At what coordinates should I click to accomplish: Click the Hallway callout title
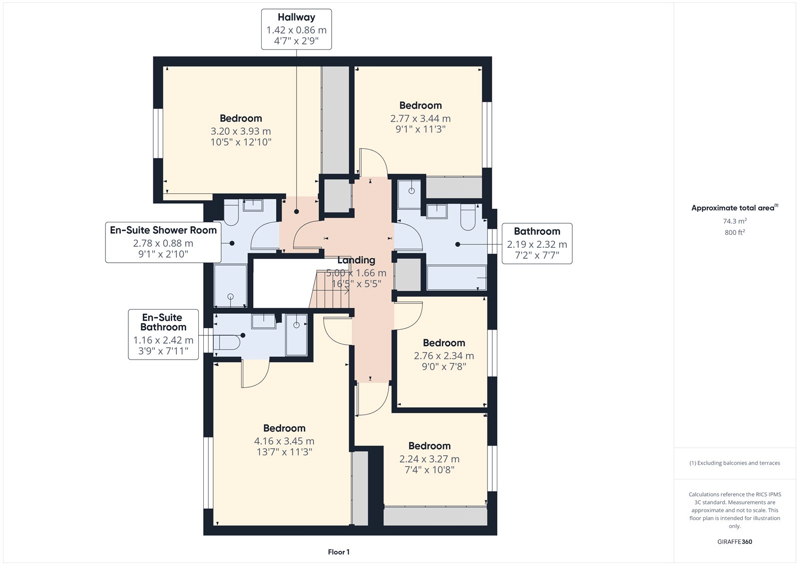[x=297, y=17]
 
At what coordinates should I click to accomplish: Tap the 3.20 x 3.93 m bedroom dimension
[x=241, y=131]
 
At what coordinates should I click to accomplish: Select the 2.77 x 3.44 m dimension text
[x=420, y=118]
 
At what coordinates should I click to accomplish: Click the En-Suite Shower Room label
[x=163, y=230]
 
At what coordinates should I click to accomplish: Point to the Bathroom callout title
[x=537, y=231]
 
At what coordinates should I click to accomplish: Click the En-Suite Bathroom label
[x=163, y=322]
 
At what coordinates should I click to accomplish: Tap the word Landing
[x=357, y=260]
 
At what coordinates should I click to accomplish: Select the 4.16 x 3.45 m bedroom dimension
[x=284, y=441]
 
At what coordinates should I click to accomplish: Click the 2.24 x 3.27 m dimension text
[x=429, y=459]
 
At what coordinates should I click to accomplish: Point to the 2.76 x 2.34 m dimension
[x=444, y=356]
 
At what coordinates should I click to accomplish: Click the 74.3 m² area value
[x=735, y=221]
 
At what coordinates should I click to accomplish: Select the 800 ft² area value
[x=735, y=232]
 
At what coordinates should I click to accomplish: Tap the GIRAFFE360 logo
[x=735, y=542]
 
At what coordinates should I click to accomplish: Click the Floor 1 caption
[x=339, y=552]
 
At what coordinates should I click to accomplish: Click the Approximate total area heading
[x=735, y=208]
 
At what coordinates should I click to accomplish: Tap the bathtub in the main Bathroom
[x=456, y=277]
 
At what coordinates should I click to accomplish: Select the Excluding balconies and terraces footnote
[x=735, y=463]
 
